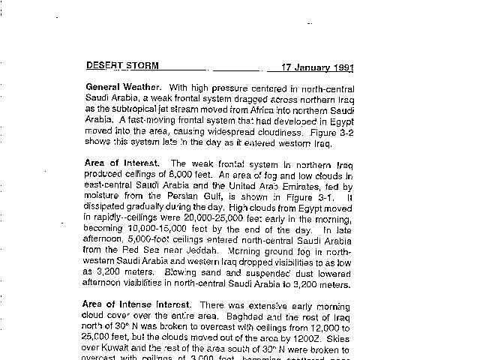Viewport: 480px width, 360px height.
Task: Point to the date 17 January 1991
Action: (x=317, y=66)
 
